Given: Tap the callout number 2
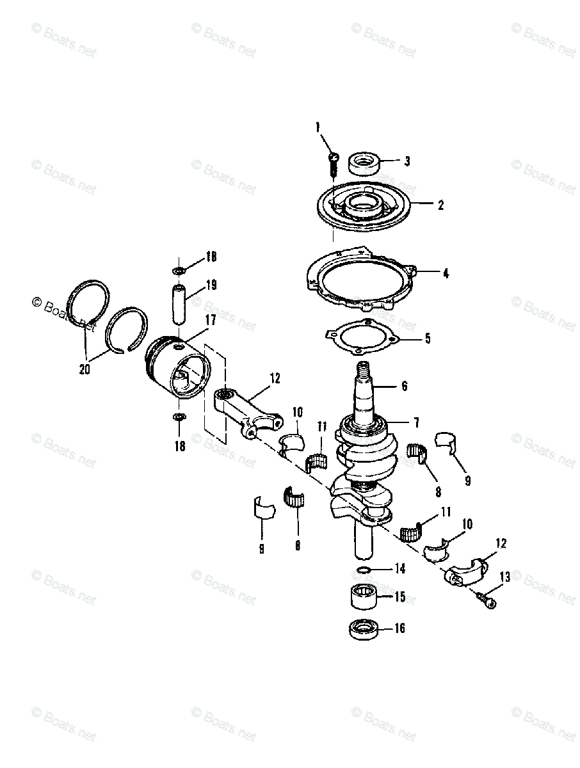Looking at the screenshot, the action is (440, 205).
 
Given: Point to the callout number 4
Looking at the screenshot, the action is (446, 273).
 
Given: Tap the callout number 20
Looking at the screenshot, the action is (85, 369).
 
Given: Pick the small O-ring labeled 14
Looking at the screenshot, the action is (362, 570).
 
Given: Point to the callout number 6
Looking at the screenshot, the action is (405, 386).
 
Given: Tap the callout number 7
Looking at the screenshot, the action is (416, 422).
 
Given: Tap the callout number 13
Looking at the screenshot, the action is (504, 577).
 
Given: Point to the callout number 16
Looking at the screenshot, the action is (399, 628).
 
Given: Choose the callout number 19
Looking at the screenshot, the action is (211, 285).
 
